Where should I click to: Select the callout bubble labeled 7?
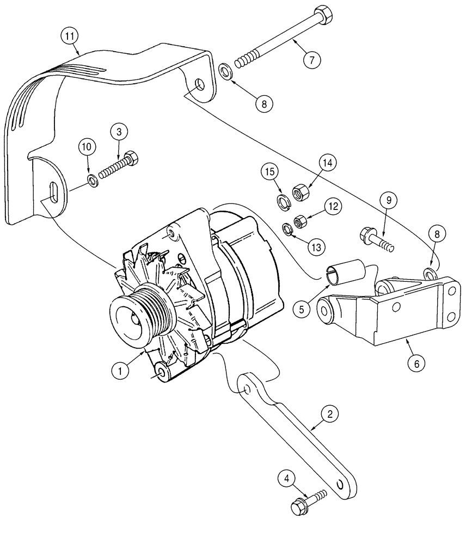311,59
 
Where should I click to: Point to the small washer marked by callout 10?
94,179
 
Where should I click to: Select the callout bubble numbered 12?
333,207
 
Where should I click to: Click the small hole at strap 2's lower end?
340,484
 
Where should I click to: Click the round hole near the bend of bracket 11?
200,85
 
